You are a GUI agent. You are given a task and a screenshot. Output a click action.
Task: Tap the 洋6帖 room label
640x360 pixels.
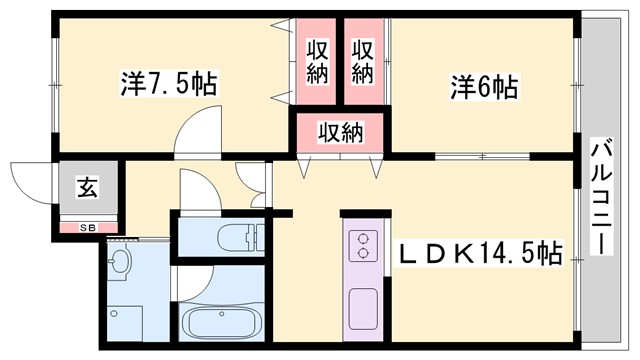click(x=483, y=87)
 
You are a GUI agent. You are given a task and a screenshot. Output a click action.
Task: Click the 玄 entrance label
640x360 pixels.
click(x=88, y=186)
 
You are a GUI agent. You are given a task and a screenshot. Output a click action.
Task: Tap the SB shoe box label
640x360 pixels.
click(x=88, y=227)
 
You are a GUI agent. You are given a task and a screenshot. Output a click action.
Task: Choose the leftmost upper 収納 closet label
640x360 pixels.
click(x=318, y=61)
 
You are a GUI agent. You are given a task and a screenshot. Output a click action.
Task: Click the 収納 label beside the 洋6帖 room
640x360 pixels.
click(x=362, y=61)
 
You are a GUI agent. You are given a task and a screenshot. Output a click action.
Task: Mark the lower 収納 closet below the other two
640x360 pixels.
click(x=339, y=131)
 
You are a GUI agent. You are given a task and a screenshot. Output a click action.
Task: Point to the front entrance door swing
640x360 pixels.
click(x=30, y=182)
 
